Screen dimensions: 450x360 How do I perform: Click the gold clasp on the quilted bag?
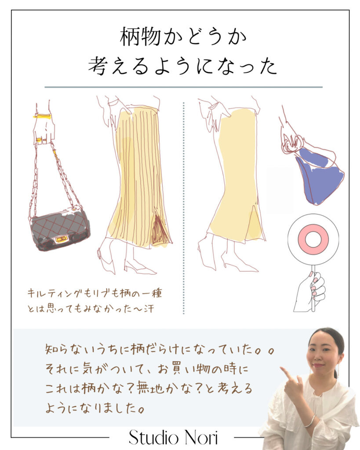(x=61, y=238)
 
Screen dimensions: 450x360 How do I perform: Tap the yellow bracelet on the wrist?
(x=42, y=116)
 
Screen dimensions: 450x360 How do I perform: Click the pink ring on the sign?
(x=313, y=239)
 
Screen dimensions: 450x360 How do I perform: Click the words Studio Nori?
(x=173, y=437)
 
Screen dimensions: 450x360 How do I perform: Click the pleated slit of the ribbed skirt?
(x=158, y=229)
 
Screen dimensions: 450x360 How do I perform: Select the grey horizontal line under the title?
(x=183, y=87)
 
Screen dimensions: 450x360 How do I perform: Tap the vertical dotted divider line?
(x=183, y=207)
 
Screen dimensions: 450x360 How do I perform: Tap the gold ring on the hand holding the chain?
(x=39, y=140)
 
